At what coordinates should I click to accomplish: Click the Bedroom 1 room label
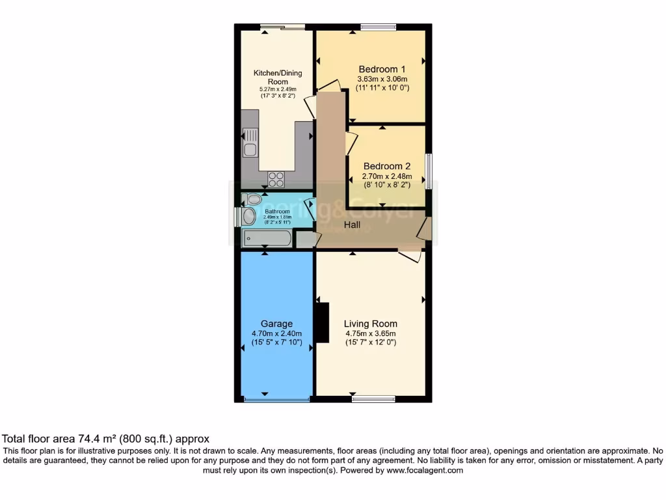coord(382,70)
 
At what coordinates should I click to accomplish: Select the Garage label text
coord(276,324)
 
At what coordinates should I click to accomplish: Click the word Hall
coord(352,225)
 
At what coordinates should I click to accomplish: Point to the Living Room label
coord(371,324)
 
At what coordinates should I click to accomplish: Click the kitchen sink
coord(250,143)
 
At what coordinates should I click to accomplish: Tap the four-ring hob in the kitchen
coord(275,178)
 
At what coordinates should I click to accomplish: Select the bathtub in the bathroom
coord(267,238)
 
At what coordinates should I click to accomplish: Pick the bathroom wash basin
coord(248,216)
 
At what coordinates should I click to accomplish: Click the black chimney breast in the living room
coord(322,322)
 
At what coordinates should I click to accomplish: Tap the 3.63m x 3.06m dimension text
coord(382,79)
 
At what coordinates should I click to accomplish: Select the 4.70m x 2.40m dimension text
coord(276,334)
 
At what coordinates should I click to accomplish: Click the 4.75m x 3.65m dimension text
coord(371,334)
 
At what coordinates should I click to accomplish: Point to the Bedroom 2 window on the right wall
coord(429,171)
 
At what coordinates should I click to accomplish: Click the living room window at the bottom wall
coord(373,398)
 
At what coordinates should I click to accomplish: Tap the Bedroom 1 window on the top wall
coord(379,27)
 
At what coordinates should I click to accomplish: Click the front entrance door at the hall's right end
coord(424,230)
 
